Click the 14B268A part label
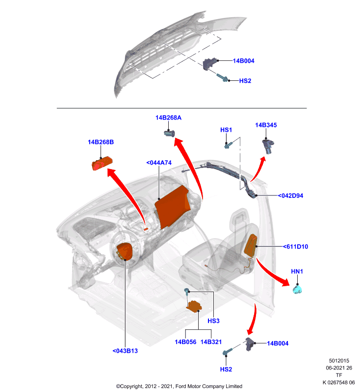168,118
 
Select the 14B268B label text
101,142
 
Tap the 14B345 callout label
266,125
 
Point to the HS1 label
226,130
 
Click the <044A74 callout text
159,163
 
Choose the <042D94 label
290,196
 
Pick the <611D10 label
295,246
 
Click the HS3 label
213,321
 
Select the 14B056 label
185,342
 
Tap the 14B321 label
211,342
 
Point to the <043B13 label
125,351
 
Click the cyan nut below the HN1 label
297,290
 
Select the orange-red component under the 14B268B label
102,163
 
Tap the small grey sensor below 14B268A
169,133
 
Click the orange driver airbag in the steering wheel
125,252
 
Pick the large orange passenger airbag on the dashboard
173,206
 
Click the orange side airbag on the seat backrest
251,245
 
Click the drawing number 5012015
339,361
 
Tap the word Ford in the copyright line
180,386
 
